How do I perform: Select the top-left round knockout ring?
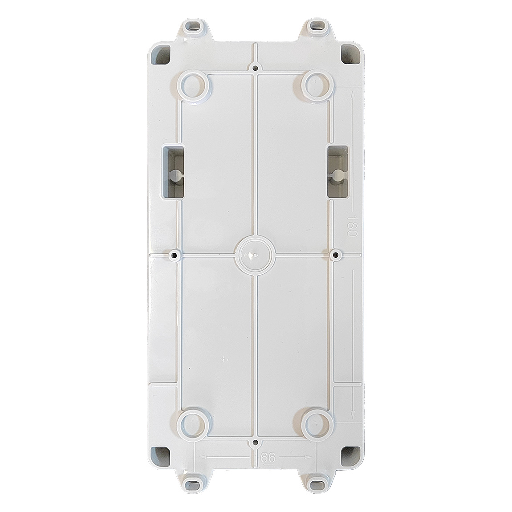[194, 85]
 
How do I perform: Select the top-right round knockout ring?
[317, 85]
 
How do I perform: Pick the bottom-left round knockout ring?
[194, 424]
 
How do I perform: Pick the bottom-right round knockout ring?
[317, 424]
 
